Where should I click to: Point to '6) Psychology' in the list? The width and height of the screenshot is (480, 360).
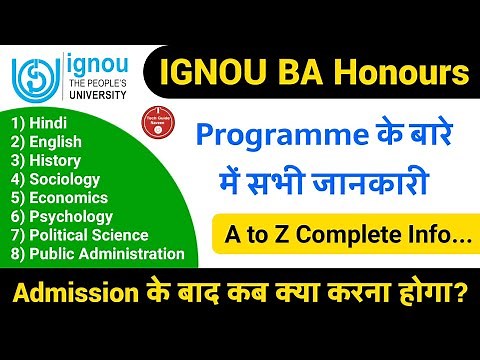[60, 218]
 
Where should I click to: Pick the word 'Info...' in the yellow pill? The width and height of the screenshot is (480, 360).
[424, 238]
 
